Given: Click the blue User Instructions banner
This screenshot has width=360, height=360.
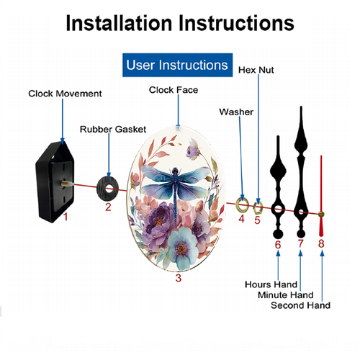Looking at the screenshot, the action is click(177, 65).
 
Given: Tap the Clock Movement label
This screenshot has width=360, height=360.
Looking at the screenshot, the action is click(65, 94).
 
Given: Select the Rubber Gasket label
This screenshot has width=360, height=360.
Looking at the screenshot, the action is click(113, 130).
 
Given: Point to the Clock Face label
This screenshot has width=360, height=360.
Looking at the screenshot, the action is click(174, 90).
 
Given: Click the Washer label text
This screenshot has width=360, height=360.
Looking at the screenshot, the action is click(236, 112).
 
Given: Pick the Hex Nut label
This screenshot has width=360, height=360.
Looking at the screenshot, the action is click(256, 70).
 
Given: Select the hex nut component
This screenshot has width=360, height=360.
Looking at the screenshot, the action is click(258, 208).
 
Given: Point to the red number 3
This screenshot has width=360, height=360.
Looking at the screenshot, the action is click(179, 278).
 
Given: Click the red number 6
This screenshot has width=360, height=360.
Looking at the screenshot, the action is click(278, 245).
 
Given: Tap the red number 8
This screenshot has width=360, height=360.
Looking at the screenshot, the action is click(321, 243).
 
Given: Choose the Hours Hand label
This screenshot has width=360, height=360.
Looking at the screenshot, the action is click(271, 284).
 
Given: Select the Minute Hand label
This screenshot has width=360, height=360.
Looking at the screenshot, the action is click(286, 295).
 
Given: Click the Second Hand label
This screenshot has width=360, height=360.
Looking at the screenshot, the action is click(300, 305).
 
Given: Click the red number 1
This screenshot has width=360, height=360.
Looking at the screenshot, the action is click(66, 217).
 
